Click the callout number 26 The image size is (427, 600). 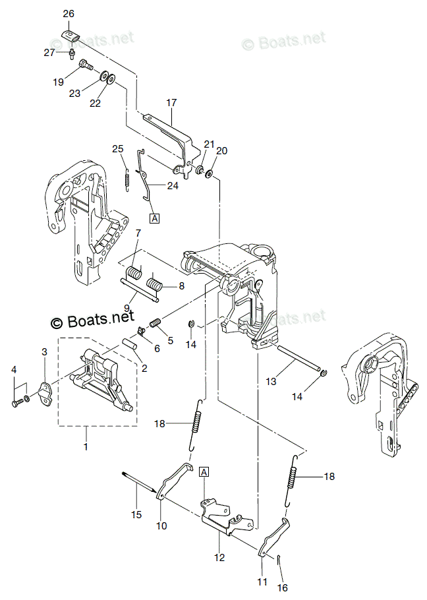point(69,13)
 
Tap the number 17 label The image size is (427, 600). point(171,102)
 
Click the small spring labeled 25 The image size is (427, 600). point(127,177)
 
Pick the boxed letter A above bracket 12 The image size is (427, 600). point(204,471)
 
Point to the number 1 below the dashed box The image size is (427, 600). point(86,446)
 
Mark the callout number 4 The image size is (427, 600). point(14,371)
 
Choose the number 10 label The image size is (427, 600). point(161,525)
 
